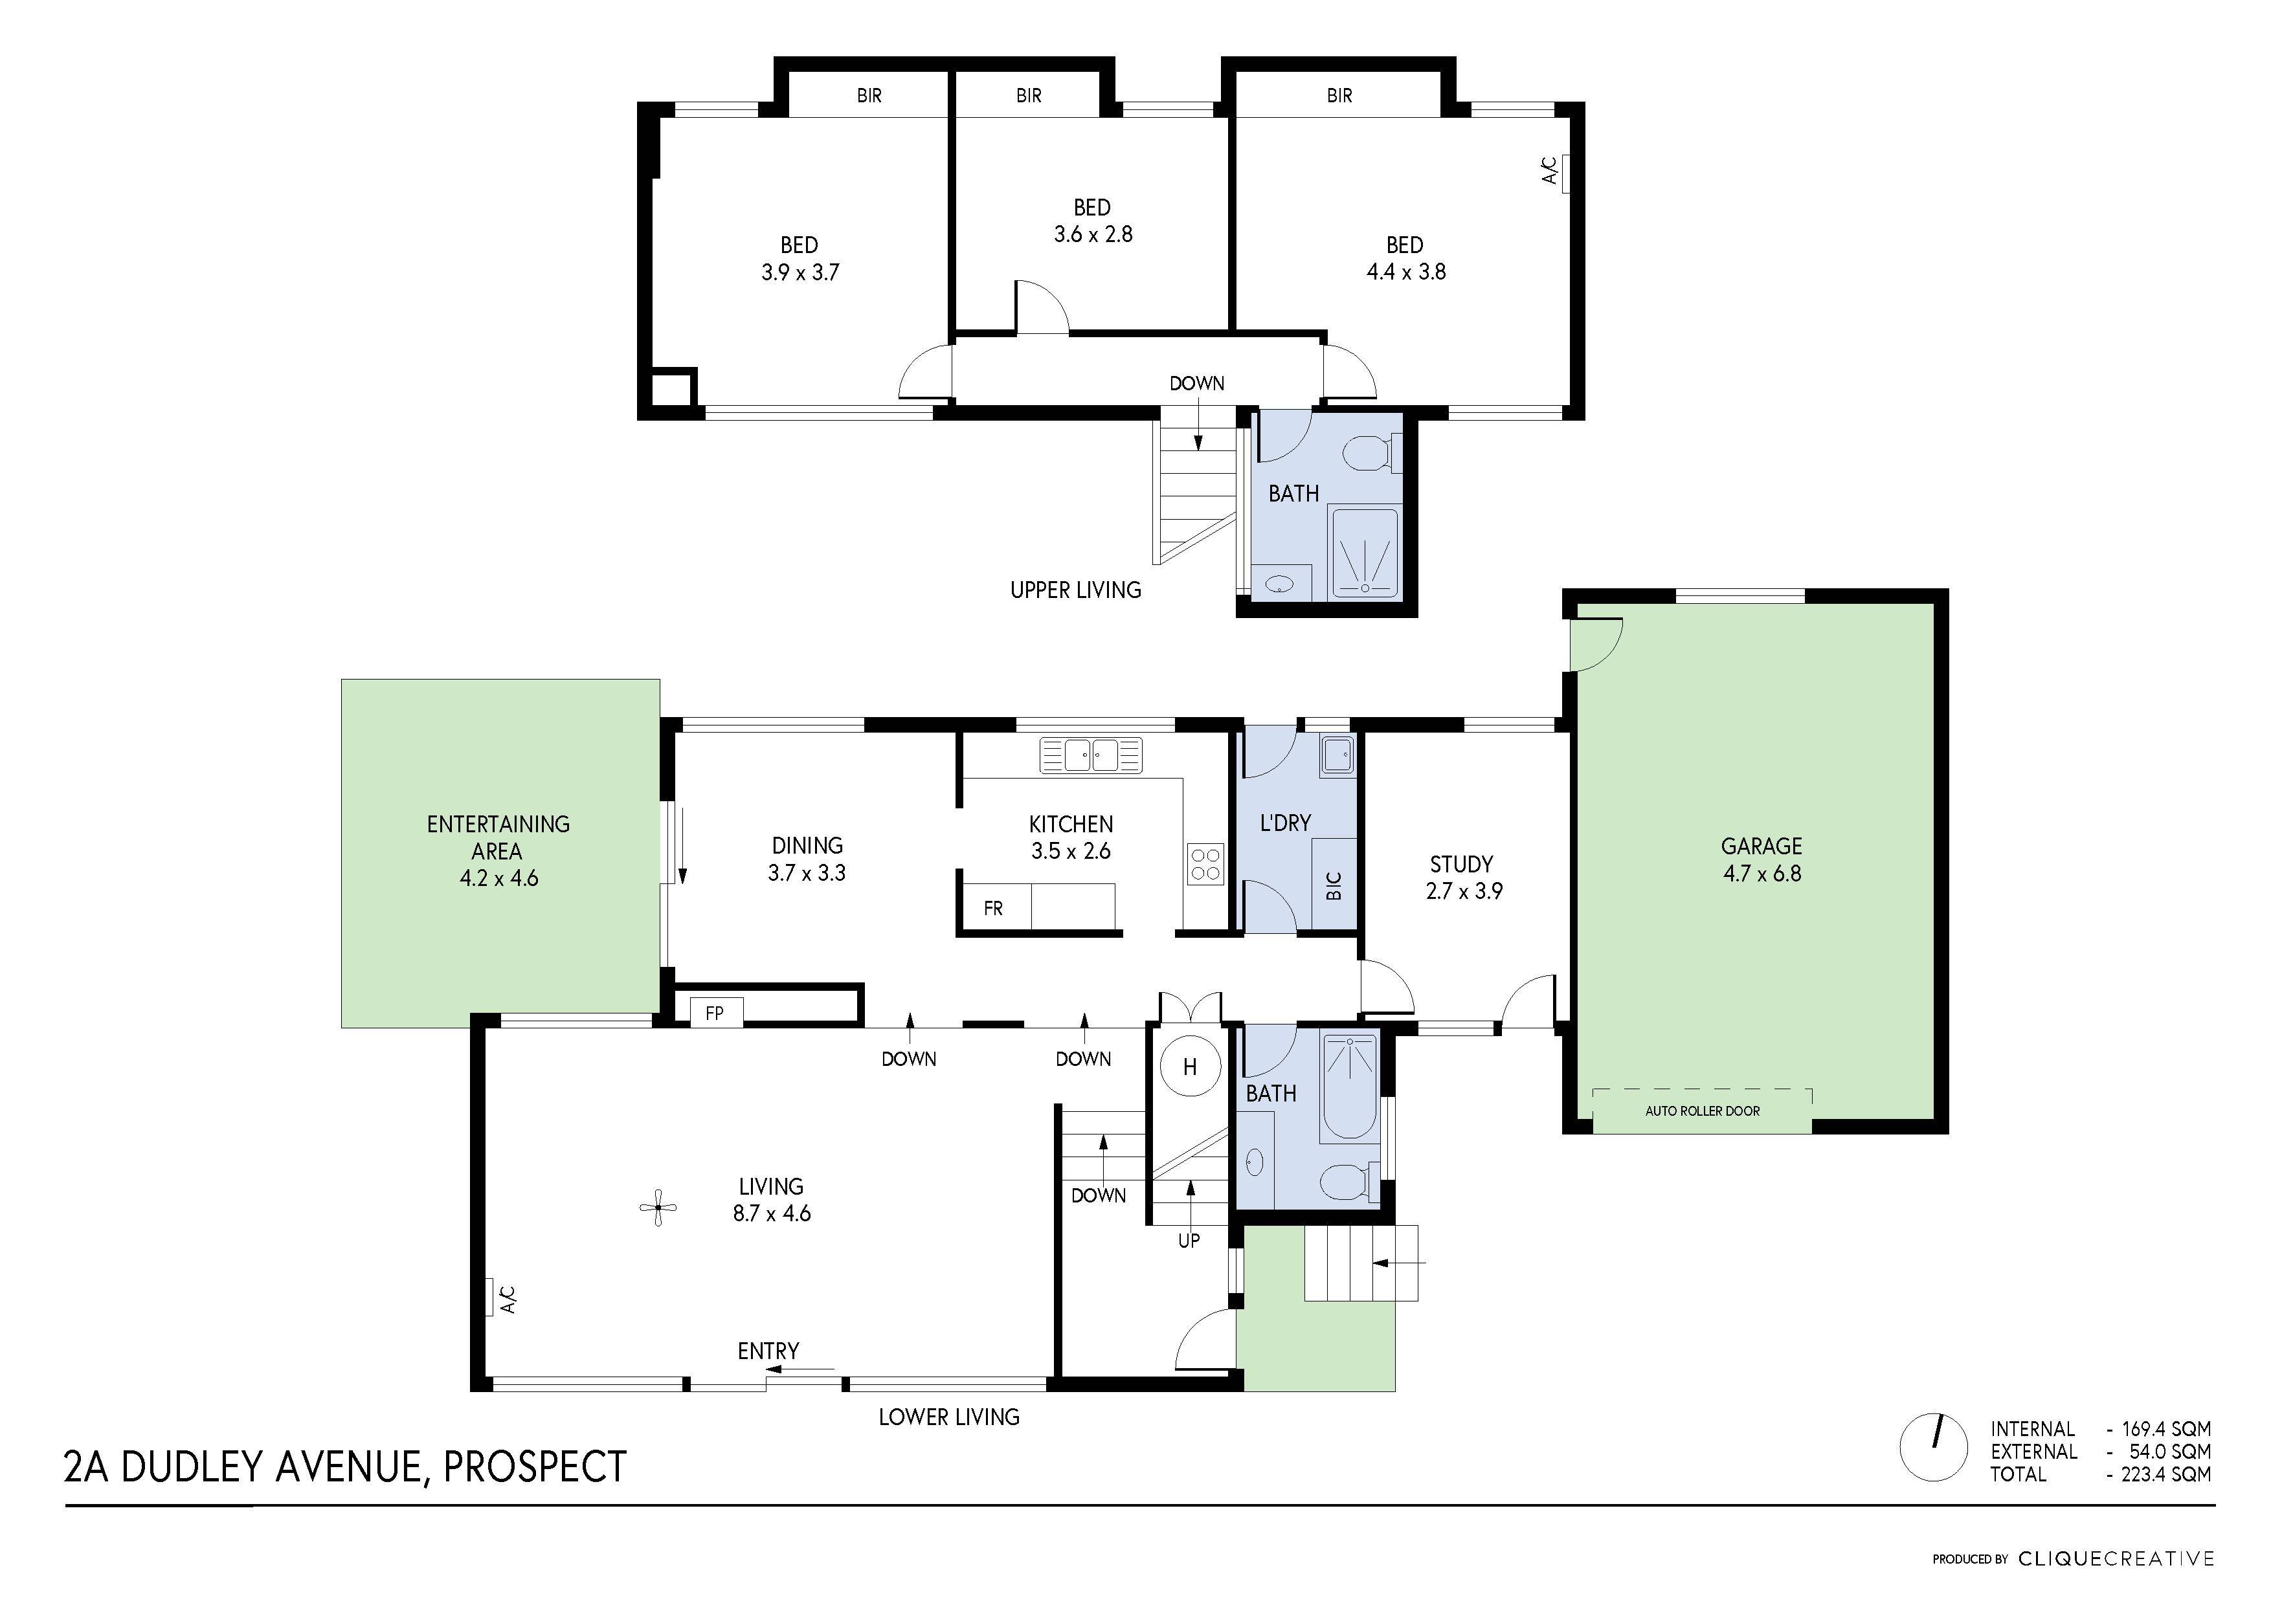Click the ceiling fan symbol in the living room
tap(658, 1208)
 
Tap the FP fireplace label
tap(714, 1013)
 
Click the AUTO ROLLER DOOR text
tap(1702, 1111)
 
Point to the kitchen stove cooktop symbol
tap(1205, 863)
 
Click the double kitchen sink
tap(1091, 755)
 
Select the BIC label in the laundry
tap(1334, 885)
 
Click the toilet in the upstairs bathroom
tap(1370, 454)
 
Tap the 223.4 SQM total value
tap(2166, 1474)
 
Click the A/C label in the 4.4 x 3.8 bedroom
tap(1550, 171)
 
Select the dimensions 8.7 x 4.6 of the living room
tap(772, 1213)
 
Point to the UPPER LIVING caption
tap(1075, 590)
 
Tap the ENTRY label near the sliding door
tap(768, 1351)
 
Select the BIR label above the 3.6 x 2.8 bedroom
tap(1029, 96)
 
